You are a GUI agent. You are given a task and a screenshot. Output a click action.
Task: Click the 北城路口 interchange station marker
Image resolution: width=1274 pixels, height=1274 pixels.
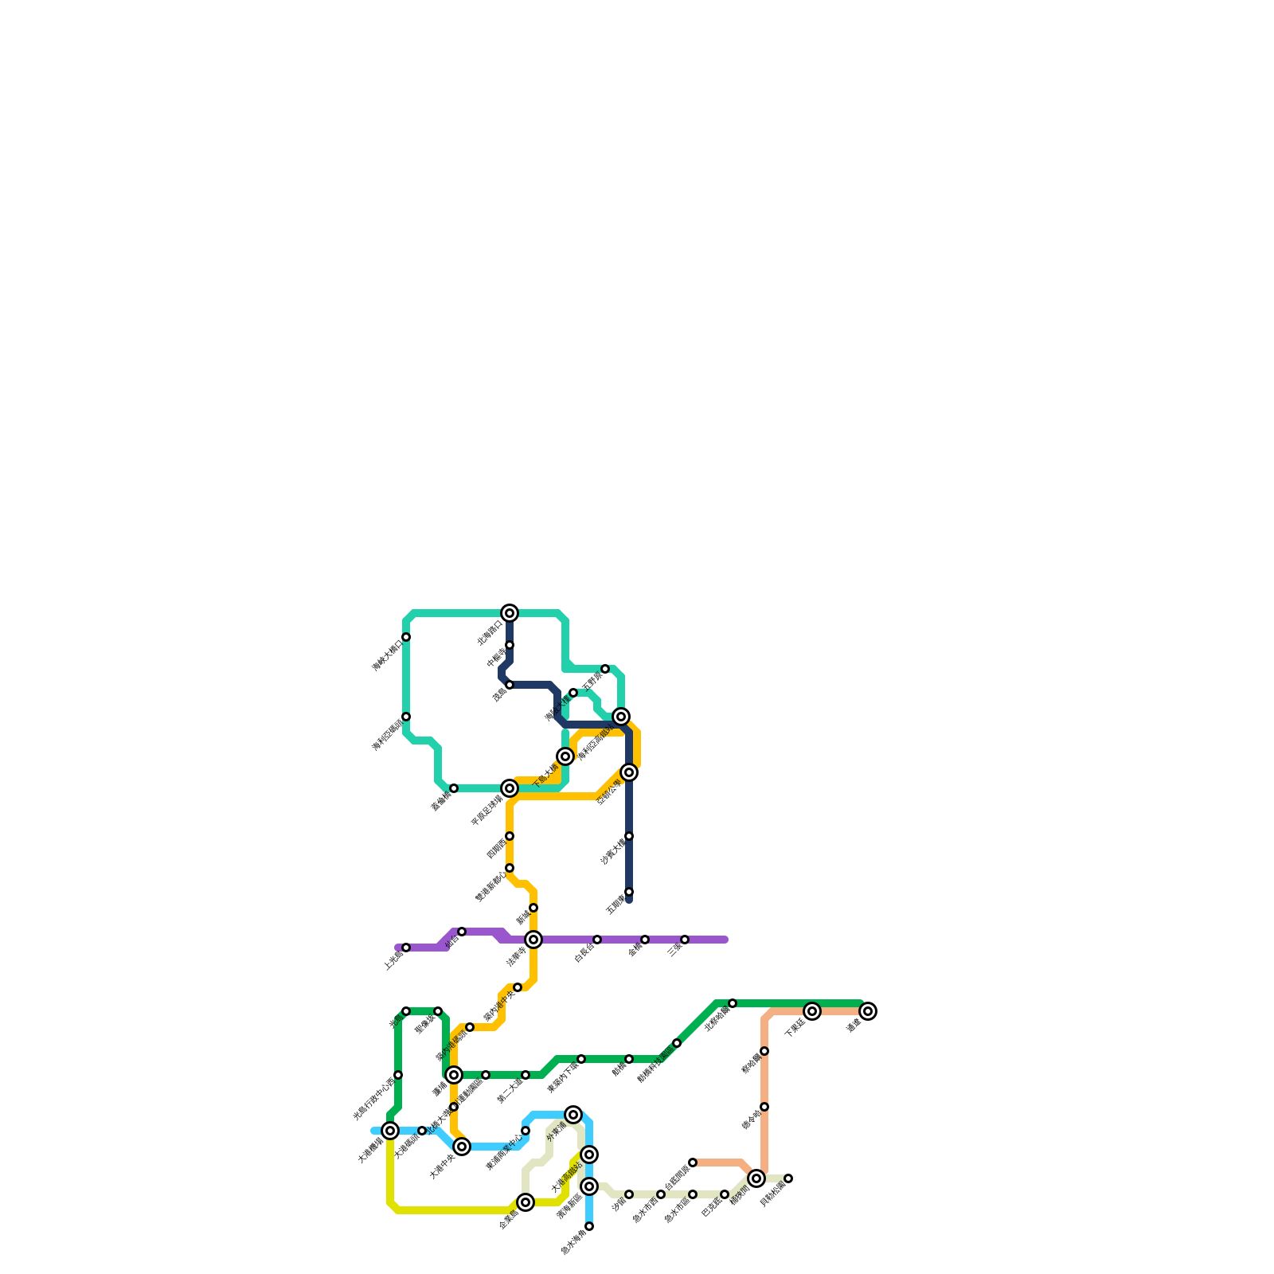point(510,613)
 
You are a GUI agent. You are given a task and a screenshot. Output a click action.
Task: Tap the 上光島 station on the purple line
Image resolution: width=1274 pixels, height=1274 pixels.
point(406,948)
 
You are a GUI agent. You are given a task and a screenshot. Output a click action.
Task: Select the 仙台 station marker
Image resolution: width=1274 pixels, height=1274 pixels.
point(462,932)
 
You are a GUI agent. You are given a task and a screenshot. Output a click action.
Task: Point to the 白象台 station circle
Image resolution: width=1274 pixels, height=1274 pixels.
point(597,940)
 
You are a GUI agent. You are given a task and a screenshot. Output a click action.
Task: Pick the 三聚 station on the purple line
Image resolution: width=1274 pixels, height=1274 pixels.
point(685,940)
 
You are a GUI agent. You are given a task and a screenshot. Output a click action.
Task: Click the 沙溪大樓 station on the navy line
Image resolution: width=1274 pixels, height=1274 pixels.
point(629,836)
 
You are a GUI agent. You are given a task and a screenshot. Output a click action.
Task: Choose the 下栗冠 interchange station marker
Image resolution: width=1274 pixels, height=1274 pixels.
point(812,1011)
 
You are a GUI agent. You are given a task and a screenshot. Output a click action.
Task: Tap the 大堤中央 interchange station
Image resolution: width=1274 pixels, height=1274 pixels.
point(462,1147)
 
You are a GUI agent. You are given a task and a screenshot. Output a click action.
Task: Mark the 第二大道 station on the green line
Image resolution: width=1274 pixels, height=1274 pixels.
point(526,1075)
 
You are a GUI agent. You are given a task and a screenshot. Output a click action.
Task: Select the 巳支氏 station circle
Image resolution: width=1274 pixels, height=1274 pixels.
point(725,1194)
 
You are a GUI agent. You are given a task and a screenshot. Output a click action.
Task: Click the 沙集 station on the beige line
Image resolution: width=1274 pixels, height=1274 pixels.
point(629,1194)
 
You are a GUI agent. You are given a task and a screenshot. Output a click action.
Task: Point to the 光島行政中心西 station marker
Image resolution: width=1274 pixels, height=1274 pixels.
point(398,1075)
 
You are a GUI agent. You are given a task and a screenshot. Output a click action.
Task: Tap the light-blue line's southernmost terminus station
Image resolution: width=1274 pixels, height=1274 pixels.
point(589,1226)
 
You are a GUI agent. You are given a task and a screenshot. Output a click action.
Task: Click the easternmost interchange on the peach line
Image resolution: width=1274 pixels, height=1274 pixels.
point(868,1011)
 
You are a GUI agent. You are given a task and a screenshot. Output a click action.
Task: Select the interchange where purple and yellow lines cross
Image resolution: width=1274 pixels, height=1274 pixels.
point(533,940)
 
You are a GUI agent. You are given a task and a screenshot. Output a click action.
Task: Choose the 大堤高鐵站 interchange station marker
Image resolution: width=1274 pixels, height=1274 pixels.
point(589,1155)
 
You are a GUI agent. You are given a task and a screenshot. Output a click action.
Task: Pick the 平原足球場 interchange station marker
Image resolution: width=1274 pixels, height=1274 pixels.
point(510,788)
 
